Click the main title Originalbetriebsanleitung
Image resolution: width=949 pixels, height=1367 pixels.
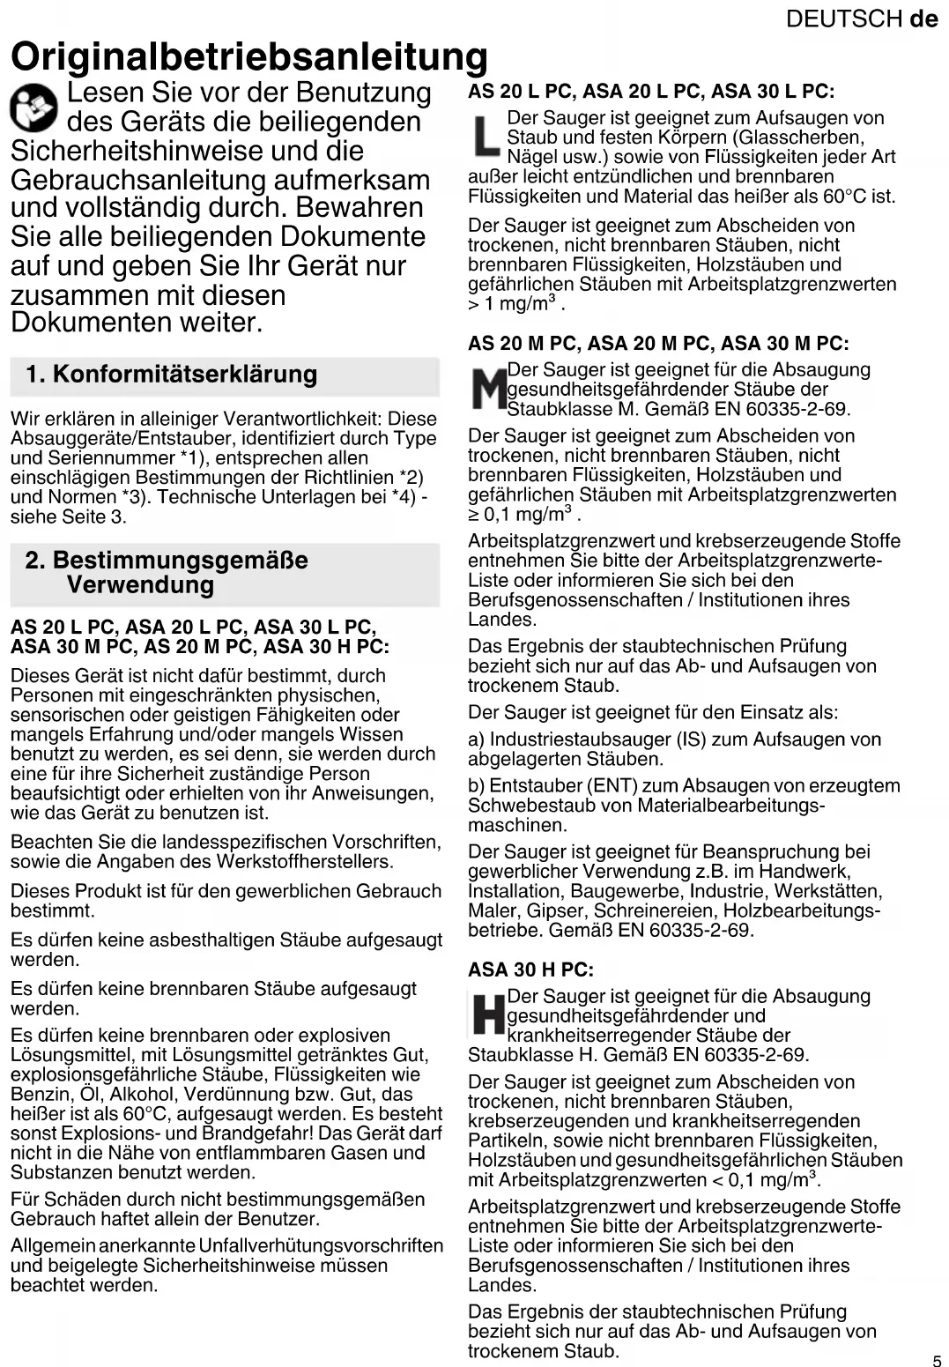click(x=248, y=56)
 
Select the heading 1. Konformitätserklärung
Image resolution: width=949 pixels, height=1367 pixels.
click(x=171, y=375)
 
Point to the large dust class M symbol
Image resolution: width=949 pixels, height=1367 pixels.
click(x=488, y=390)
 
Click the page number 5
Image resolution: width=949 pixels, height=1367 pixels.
click(x=937, y=1361)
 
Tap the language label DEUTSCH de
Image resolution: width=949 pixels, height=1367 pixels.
click(x=862, y=19)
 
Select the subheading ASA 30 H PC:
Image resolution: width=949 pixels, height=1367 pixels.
click(x=530, y=970)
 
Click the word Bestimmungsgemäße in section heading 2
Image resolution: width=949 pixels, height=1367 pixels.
click(x=180, y=561)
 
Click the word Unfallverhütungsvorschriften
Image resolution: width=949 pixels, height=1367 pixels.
click(x=321, y=1245)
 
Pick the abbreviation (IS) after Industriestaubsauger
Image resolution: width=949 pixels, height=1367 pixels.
click(x=692, y=739)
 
